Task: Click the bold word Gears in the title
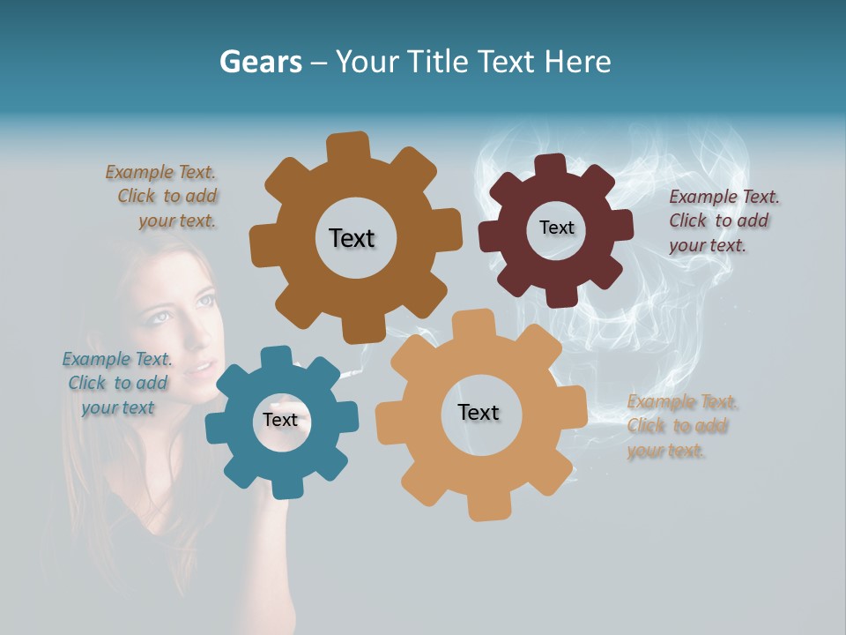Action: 260,62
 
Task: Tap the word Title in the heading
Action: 437,62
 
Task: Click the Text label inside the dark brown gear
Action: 352,238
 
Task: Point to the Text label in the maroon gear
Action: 556,228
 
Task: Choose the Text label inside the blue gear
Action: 280,420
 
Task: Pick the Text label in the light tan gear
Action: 479,413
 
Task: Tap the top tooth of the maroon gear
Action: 550,165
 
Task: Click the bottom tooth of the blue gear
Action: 282,487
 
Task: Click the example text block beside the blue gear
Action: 118,383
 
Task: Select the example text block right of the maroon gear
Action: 724,220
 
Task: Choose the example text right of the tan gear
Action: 682,426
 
